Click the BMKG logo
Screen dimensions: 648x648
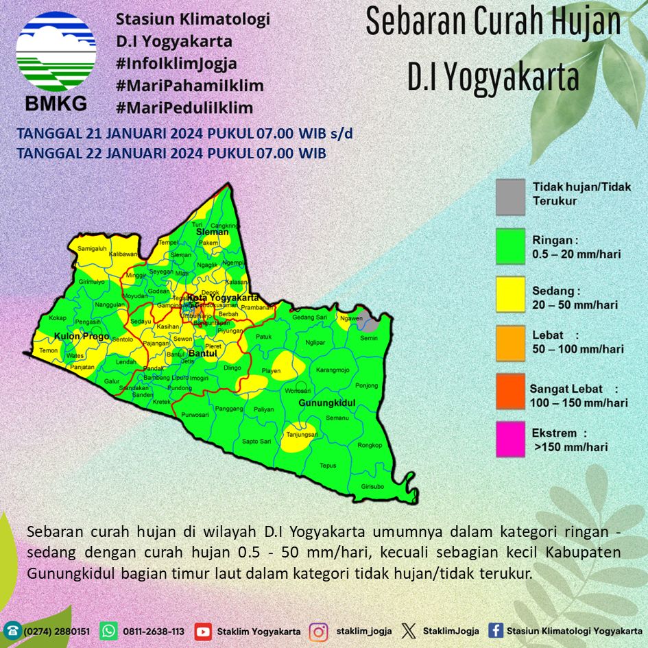pyautogui.click(x=56, y=62)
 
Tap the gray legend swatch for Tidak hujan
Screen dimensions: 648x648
pyautogui.click(x=510, y=197)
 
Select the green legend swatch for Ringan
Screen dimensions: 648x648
pyautogui.click(x=510, y=246)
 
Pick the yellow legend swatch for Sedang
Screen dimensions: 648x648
pyautogui.click(x=510, y=294)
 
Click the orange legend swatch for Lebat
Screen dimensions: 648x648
pyautogui.click(x=510, y=342)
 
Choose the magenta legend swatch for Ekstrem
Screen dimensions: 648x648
pyautogui.click(x=510, y=439)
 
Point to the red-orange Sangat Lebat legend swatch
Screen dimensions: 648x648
pyautogui.click(x=510, y=391)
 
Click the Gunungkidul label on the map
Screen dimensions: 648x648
pyautogui.click(x=325, y=404)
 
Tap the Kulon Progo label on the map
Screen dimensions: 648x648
pyautogui.click(x=82, y=337)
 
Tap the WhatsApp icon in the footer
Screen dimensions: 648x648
pyautogui.click(x=109, y=631)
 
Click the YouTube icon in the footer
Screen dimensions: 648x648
pyautogui.click(x=203, y=631)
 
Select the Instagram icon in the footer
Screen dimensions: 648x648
pyautogui.click(x=317, y=631)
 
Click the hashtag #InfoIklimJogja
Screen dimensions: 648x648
pyautogui.click(x=176, y=64)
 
